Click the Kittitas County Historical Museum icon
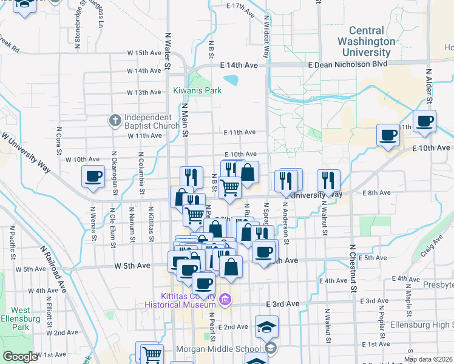[225, 299]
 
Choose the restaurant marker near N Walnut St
[328, 180]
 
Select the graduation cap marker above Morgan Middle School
[266, 327]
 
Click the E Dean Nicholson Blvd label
[347, 64]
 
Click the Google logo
[20, 357]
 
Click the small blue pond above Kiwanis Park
[231, 79]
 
